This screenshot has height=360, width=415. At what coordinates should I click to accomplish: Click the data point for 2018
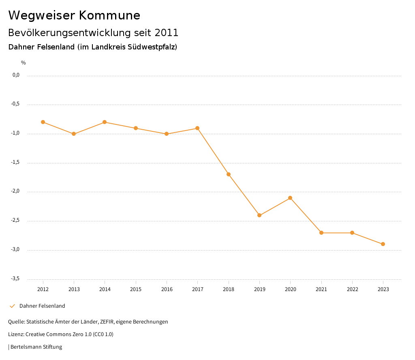229,174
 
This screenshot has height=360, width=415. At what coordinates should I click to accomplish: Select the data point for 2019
259,215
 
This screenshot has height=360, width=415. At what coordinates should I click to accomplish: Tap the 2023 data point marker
383,244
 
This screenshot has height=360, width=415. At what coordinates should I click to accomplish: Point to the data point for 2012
43,122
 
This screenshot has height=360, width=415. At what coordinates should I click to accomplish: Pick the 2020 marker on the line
290,198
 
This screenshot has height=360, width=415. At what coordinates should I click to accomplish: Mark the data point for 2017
197,128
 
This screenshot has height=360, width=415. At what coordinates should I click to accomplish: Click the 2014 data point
105,122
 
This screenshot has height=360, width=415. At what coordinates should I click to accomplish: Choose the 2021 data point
321,233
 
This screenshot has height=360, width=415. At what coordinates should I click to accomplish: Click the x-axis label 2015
136,289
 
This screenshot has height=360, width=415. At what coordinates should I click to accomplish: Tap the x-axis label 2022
352,289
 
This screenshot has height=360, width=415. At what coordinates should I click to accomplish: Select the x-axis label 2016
167,289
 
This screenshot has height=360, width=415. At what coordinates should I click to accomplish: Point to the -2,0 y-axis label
16,191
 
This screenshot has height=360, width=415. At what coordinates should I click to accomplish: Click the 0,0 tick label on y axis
16,75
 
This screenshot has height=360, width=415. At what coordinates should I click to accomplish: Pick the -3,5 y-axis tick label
16,279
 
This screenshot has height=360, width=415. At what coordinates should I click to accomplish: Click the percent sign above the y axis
24,63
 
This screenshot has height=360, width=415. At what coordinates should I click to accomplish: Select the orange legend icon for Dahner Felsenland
12,306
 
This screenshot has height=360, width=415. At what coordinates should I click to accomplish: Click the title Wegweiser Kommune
74,15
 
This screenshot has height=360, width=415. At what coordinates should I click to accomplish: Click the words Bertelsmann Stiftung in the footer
36,347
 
